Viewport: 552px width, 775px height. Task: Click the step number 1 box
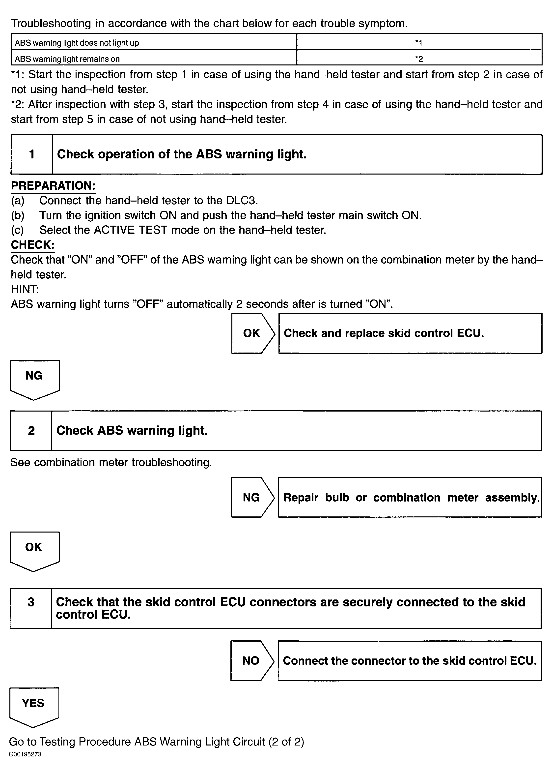tap(32, 154)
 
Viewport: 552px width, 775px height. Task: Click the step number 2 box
tap(31, 431)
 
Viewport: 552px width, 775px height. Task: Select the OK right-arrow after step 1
tap(252, 333)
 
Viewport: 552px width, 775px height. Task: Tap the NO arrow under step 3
tap(251, 661)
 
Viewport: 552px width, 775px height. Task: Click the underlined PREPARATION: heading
tap(53, 186)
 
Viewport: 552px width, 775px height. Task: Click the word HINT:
tap(25, 289)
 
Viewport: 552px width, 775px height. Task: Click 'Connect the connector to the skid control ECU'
tap(409, 661)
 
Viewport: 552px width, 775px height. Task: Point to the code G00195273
tap(25, 754)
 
